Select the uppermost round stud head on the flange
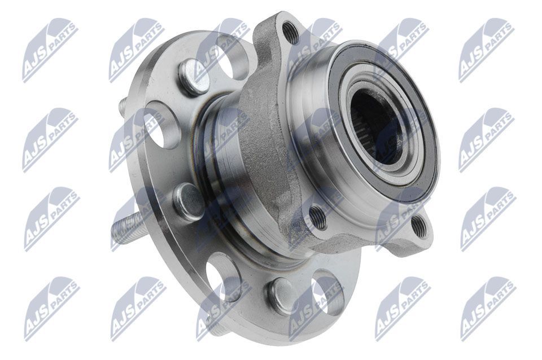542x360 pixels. [191, 78]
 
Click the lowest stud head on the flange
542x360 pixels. [281, 294]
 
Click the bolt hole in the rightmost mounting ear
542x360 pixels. [418, 226]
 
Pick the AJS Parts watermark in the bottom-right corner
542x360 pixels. [486, 308]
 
